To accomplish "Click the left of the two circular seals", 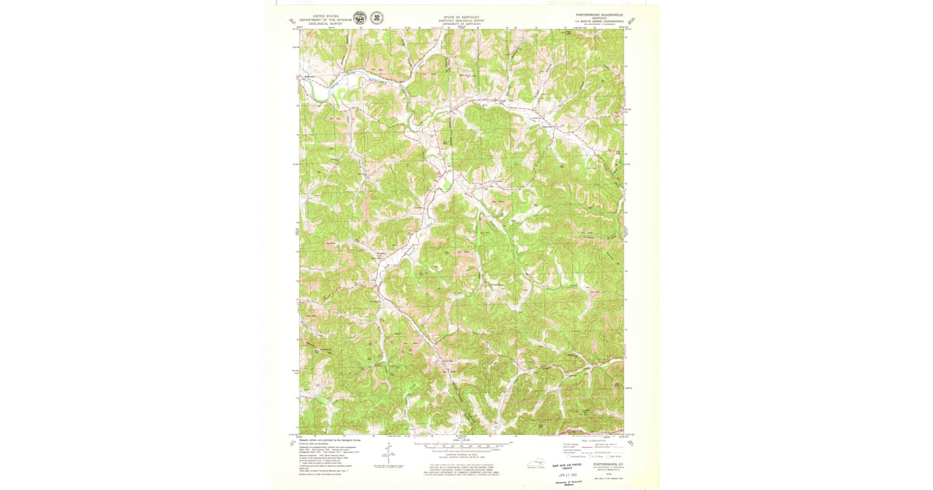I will [359, 18].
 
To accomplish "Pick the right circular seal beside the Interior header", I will [377, 18].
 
